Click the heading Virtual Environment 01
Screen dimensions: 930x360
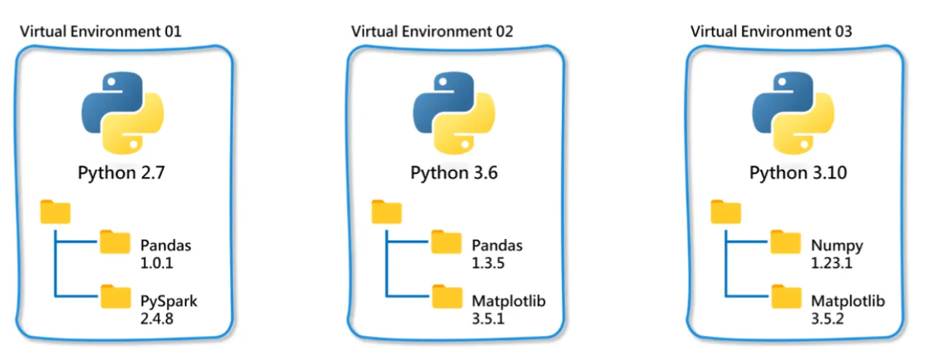(101, 31)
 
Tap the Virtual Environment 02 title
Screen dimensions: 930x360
(431, 31)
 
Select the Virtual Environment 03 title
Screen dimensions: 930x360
(771, 31)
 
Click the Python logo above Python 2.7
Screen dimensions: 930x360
(122, 112)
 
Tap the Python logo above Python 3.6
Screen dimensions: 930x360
(454, 112)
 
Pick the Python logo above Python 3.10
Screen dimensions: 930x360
(793, 112)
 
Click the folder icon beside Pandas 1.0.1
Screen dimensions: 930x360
(115, 242)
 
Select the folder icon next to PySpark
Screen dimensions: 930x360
(115, 297)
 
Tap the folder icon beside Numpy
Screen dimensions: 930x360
(786, 242)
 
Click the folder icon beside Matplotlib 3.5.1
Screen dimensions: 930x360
(448, 297)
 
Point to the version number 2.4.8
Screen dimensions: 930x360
(157, 319)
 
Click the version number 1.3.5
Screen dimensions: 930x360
(488, 263)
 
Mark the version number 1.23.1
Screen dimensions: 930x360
(832, 263)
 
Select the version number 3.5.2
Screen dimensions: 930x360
(827, 319)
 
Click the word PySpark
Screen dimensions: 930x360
(168, 302)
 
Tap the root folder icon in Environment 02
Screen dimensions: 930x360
(386, 212)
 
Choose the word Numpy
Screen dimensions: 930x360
(837, 246)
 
